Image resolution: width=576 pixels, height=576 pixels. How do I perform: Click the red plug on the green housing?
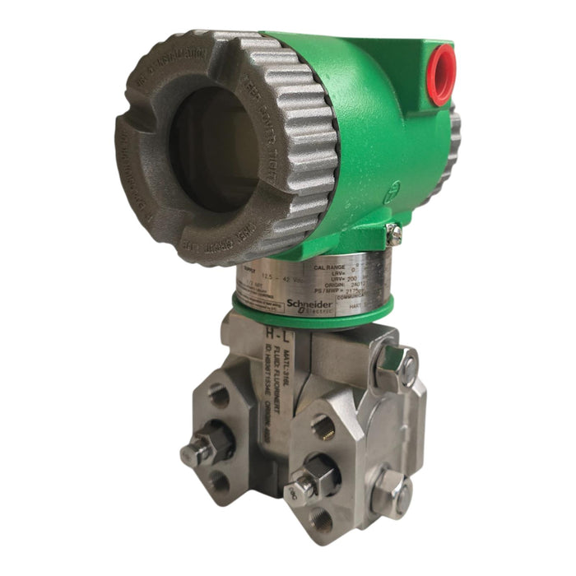click(440, 74)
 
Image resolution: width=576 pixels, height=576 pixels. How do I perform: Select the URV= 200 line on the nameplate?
click(338, 279)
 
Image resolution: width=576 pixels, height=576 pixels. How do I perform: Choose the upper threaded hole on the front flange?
click(323, 425)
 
